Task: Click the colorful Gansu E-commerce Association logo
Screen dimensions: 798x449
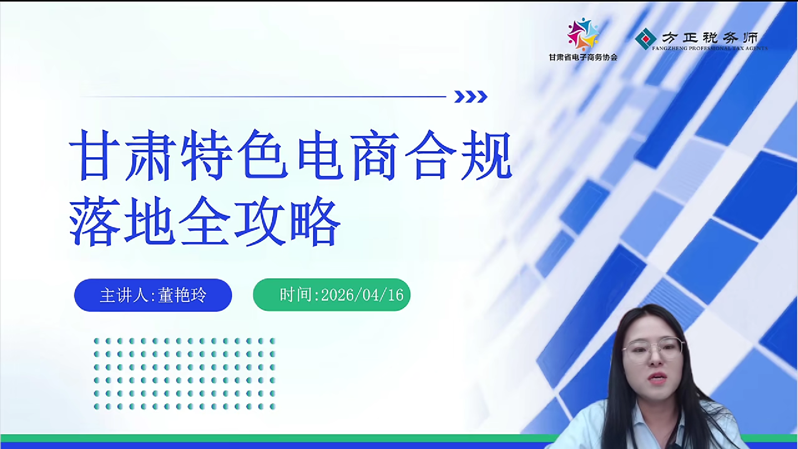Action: pos(583,35)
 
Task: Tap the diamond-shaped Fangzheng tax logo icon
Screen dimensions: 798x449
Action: pos(645,39)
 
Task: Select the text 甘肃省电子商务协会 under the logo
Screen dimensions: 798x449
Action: pos(583,57)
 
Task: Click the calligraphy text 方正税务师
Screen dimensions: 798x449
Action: pos(710,38)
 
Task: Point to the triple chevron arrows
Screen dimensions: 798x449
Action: pos(470,96)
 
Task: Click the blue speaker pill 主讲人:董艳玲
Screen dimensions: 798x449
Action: pos(153,295)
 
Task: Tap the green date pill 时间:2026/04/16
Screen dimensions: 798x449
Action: pos(332,295)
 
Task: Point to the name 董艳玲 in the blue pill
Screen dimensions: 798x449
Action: pos(182,295)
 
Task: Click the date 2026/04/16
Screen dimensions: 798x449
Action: pos(362,295)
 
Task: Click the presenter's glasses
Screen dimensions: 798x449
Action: pos(653,349)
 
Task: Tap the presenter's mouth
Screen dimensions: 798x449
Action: pos(657,378)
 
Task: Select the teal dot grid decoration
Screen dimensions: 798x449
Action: pos(185,374)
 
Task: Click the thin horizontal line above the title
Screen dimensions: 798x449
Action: pos(263,96)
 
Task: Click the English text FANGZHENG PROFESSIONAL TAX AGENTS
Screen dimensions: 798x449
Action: pos(710,48)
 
